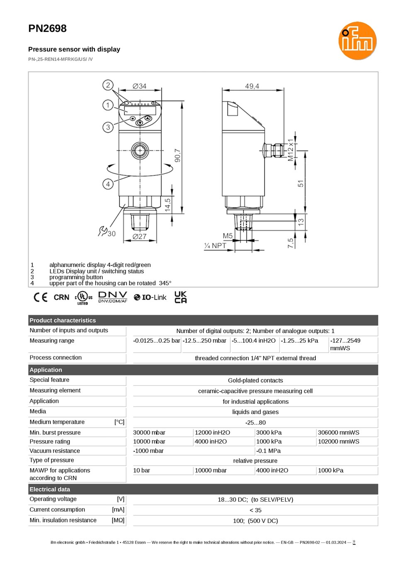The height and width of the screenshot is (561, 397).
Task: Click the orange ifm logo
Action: (357, 41)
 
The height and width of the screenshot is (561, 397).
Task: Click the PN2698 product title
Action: (47, 28)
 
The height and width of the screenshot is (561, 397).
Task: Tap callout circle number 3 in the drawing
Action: (108, 127)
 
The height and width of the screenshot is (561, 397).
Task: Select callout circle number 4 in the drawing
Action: (108, 184)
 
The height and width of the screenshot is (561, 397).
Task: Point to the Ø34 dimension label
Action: (139, 86)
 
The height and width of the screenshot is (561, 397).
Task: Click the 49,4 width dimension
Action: (252, 86)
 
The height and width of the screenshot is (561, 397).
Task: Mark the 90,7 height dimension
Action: (178, 155)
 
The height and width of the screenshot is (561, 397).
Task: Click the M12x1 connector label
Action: (290, 150)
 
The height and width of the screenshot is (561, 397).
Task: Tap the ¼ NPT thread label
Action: (215, 246)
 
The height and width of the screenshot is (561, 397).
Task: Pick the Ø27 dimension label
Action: (139, 237)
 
